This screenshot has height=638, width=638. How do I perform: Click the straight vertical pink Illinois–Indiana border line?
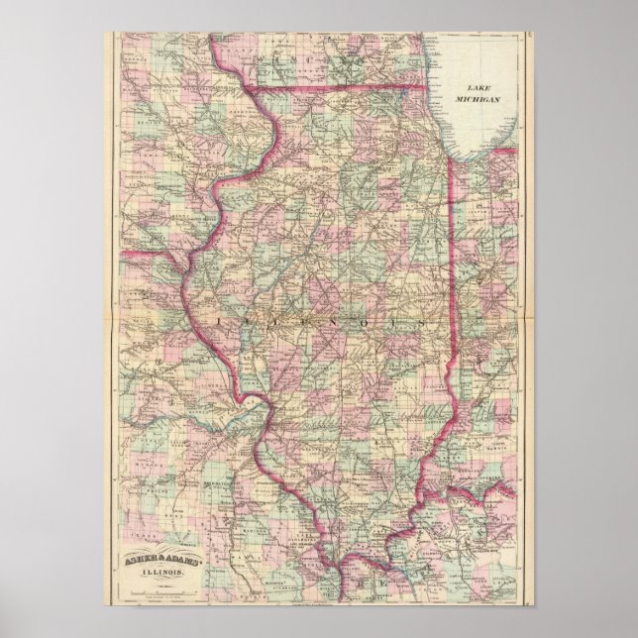453,297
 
